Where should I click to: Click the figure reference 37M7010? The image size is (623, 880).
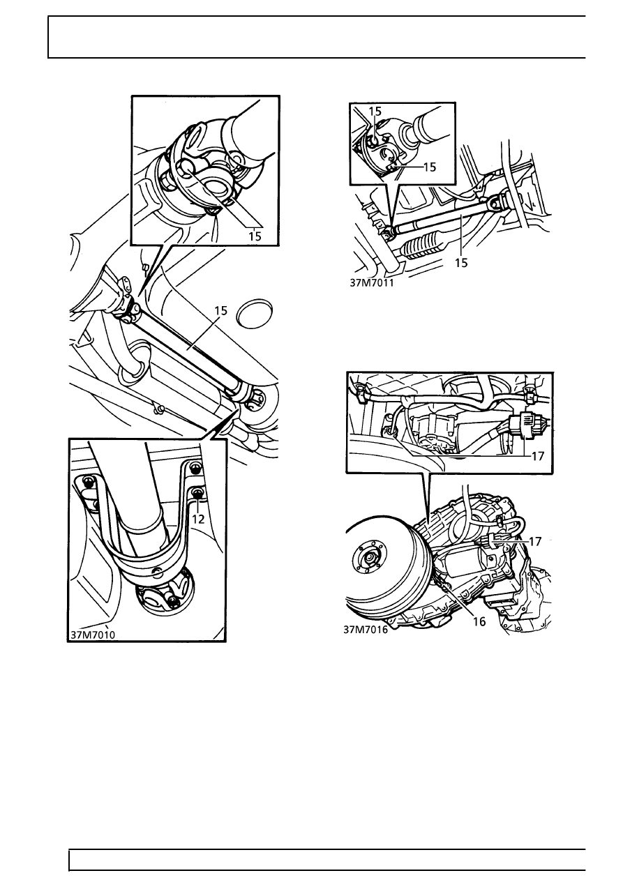(93, 635)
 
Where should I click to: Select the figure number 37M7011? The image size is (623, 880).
(371, 283)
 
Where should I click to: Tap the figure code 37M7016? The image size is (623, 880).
(366, 630)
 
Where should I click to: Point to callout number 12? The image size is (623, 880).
(199, 519)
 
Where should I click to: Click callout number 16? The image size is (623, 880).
(479, 622)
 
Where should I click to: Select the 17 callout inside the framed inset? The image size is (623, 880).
(537, 456)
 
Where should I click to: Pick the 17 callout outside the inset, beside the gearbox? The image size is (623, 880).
(535, 542)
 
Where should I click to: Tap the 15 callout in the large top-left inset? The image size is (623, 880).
(255, 236)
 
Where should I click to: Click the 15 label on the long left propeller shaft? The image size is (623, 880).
(221, 311)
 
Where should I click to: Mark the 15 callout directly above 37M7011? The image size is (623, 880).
(461, 263)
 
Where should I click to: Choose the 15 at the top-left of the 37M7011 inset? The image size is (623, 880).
(375, 112)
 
